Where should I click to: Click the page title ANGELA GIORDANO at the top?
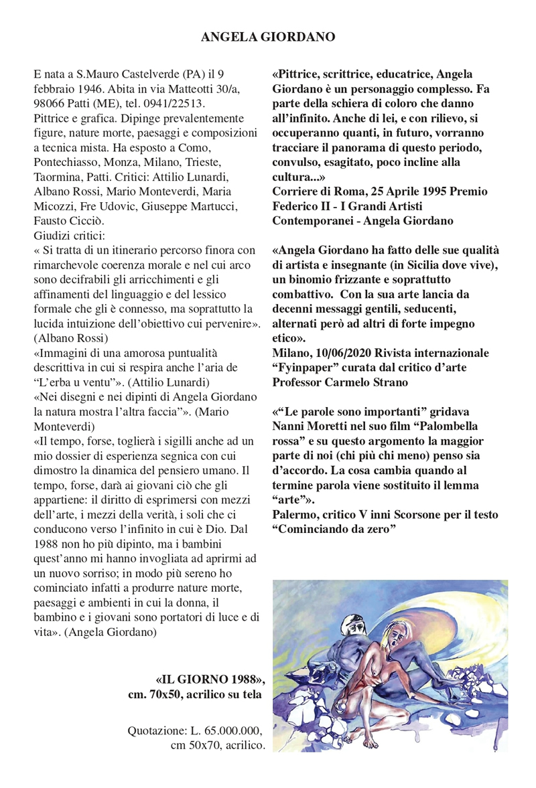[x=268, y=37]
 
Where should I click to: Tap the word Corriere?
[x=295, y=192]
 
